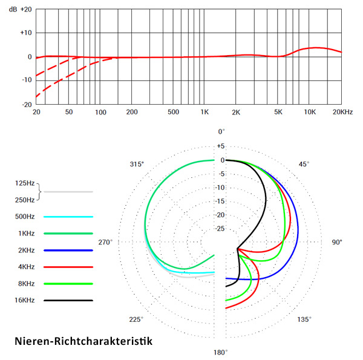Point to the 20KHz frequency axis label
tap(342, 113)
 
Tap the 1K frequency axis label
tap(205, 113)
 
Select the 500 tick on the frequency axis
tap(174, 113)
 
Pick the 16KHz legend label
tap(25, 300)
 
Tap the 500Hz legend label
tap(25, 216)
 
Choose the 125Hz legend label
tap(25, 182)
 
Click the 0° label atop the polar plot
tap(221, 131)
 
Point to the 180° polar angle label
tap(220, 352)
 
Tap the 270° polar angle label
tap(106, 242)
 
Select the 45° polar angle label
tap(304, 164)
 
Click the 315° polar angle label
tap(137, 164)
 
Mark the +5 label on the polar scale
tap(221, 146)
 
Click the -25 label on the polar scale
tap(221, 229)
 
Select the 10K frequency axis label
tap(310, 113)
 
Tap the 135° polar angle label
tap(304, 319)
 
